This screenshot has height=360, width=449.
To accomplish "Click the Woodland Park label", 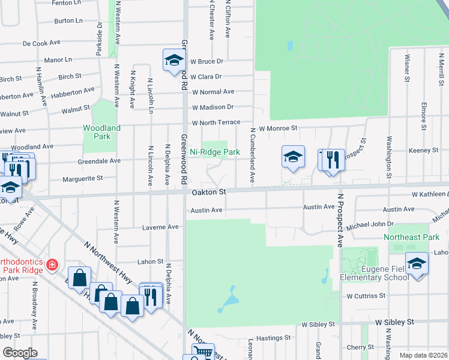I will [x=101, y=132].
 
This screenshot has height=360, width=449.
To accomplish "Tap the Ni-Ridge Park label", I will [x=215, y=152].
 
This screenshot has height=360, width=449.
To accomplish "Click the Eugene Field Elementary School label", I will [x=374, y=274].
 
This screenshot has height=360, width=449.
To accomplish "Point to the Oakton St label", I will [x=208, y=191].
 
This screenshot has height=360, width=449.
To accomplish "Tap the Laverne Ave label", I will [x=160, y=227].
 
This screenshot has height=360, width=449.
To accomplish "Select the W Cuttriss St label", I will [x=366, y=296].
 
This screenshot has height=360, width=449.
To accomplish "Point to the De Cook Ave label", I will [x=42, y=43].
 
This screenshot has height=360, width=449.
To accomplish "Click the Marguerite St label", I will [x=83, y=178].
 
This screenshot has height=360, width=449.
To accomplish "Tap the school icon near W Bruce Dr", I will [x=173, y=60].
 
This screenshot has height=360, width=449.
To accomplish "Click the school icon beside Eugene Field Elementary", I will [x=417, y=263].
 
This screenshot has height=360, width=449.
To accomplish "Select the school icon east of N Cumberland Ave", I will [x=292, y=157].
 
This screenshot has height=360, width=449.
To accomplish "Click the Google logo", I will [x=20, y=353].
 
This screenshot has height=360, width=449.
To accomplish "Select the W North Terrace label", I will [x=215, y=123].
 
